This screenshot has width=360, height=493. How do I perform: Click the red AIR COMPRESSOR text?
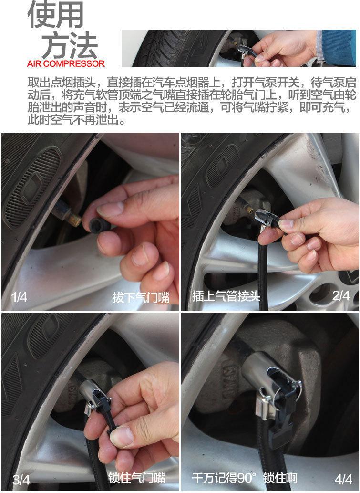[x=66, y=63]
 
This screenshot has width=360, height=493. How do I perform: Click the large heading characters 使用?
[x=55, y=15]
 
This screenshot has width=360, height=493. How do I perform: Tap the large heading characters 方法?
[x=70, y=45]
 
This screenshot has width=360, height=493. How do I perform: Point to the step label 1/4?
[x=19, y=297]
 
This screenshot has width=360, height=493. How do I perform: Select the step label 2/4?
[x=341, y=295]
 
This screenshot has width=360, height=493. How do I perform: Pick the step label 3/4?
[x=21, y=480]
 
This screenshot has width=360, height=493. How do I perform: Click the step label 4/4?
[x=343, y=479]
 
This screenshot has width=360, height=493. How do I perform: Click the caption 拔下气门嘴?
[x=141, y=297]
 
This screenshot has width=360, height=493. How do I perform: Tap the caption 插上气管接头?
[x=226, y=296]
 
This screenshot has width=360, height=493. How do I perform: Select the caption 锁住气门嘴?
[x=137, y=478]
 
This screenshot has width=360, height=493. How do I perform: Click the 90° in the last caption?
[x=247, y=478]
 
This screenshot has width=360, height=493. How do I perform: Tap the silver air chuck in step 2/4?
[x=266, y=218]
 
